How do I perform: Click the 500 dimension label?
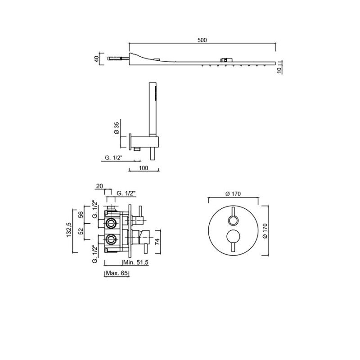(202, 40)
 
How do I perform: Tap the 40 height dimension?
(96, 59)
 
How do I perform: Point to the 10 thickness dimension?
(279, 71)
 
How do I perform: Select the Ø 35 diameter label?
(117, 128)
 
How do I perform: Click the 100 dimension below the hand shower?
(144, 168)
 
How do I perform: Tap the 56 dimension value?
(81, 215)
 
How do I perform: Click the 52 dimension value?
(81, 231)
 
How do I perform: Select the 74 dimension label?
(157, 242)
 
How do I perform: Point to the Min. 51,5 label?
(136, 262)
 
